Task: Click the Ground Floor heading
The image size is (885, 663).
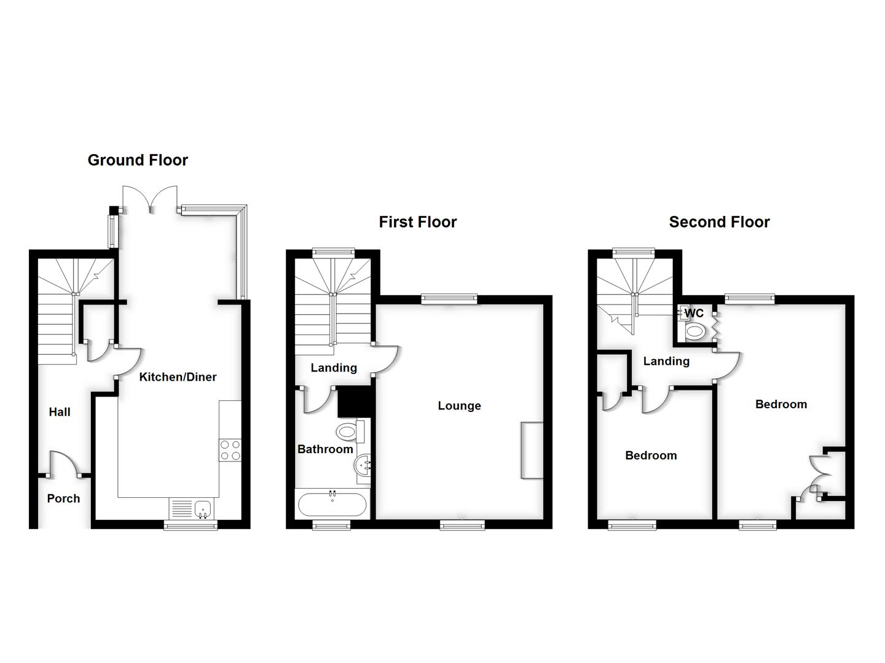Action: pyautogui.click(x=138, y=160)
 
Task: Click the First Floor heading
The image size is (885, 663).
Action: pyautogui.click(x=418, y=222)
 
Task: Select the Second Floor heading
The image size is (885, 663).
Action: pyautogui.click(x=719, y=222)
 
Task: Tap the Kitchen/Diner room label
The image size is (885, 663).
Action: pyautogui.click(x=178, y=377)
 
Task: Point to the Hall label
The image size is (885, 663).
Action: pyautogui.click(x=60, y=412)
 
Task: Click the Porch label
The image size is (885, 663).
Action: pyautogui.click(x=63, y=498)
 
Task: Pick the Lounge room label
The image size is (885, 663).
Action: pyautogui.click(x=459, y=406)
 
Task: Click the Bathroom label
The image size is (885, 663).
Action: pyautogui.click(x=325, y=449)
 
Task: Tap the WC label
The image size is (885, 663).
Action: pyautogui.click(x=694, y=313)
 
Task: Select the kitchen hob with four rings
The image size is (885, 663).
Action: pyautogui.click(x=230, y=450)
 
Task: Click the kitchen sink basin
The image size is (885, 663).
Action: pyautogui.click(x=203, y=508)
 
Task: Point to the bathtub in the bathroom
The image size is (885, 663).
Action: pyautogui.click(x=332, y=506)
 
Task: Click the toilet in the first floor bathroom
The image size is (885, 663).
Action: pyautogui.click(x=348, y=432)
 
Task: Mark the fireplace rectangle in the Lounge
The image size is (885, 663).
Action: pyautogui.click(x=532, y=450)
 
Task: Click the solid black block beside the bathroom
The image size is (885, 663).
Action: pyautogui.click(x=356, y=403)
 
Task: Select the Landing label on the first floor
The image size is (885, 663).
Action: pyautogui.click(x=334, y=368)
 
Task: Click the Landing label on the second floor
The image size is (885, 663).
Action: pyautogui.click(x=666, y=361)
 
